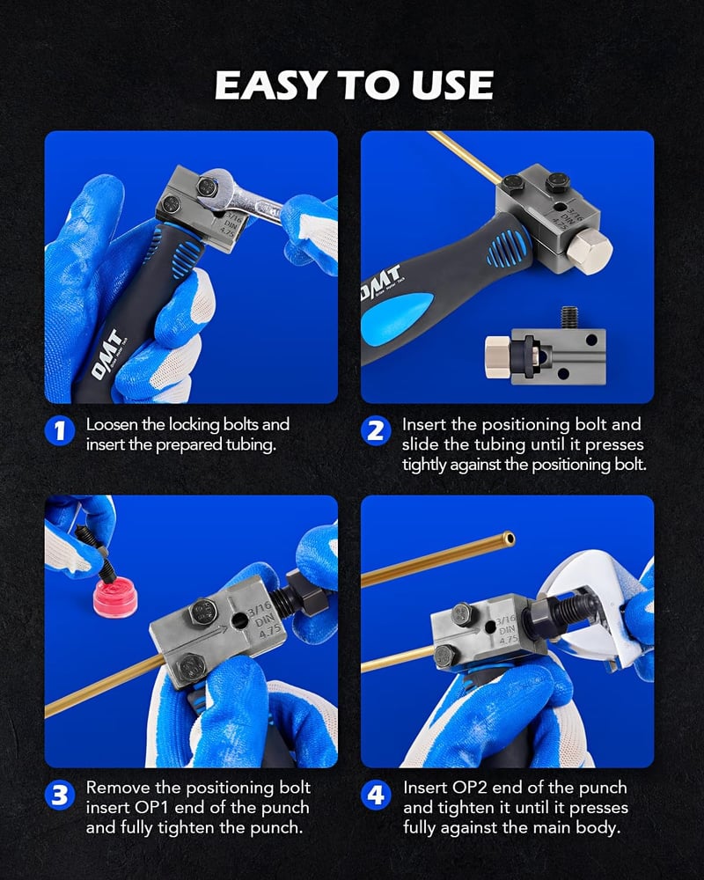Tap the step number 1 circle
(60, 431)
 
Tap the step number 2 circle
(376, 431)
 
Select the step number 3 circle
(60, 796)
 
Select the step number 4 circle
(376, 796)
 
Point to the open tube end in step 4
(509, 539)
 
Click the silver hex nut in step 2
(589, 253)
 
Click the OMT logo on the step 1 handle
(107, 355)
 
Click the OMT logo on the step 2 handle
(381, 282)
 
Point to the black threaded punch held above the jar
(96, 554)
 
